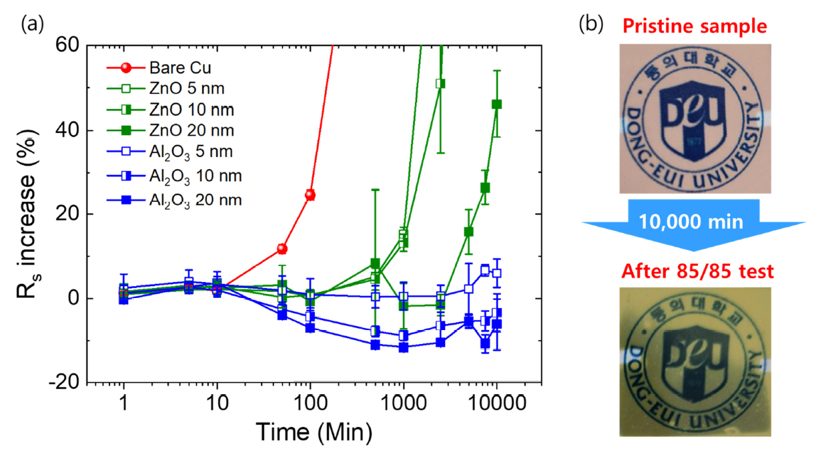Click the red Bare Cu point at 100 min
310,195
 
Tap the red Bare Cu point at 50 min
282,249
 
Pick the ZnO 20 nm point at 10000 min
496,104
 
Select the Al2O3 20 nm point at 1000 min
403,347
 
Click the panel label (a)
33,24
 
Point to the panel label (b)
590,24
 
